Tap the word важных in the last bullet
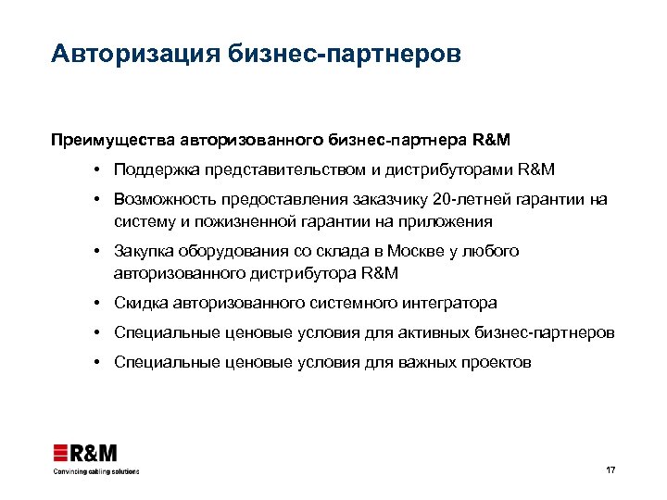tap(422, 362)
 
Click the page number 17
tap(610, 470)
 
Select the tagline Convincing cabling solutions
tap(95, 471)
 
